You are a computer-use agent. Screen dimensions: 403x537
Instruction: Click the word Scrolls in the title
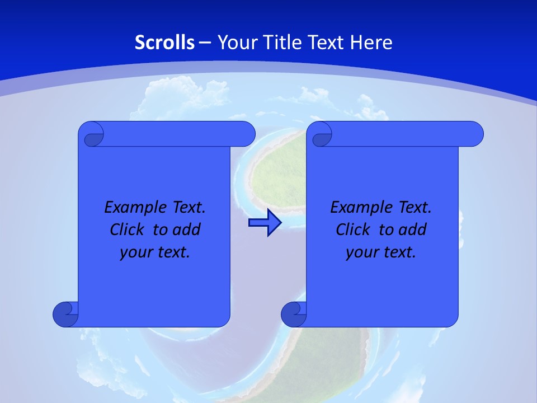tap(165, 43)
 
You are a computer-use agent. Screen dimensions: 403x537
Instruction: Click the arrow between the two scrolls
tap(265, 223)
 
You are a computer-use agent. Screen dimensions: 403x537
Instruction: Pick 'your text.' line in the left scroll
tap(155, 252)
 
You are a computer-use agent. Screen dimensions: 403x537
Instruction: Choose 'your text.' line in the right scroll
tap(381, 252)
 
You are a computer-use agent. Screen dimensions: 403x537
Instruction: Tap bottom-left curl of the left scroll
tap(65, 314)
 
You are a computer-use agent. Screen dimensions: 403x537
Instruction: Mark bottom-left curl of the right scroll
tap(294, 314)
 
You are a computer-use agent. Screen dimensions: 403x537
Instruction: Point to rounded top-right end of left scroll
tap(246, 134)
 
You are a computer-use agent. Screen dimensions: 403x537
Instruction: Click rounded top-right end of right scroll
tap(474, 134)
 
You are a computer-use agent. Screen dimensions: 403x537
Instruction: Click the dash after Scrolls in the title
tap(205, 43)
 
